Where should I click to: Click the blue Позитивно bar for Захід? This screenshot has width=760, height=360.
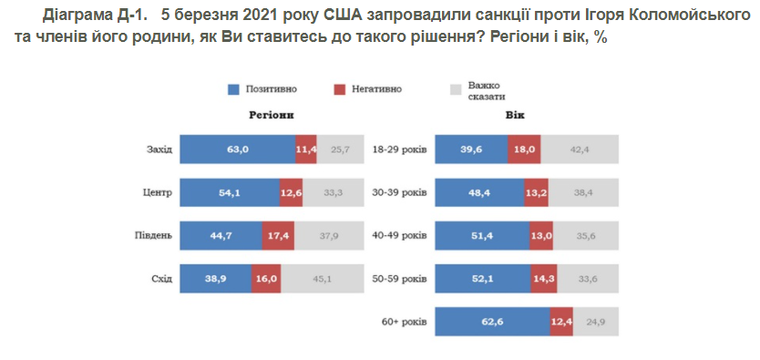[x=237, y=149]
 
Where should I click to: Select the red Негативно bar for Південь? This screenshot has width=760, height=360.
[x=277, y=235]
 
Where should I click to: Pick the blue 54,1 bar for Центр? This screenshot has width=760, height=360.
[x=229, y=192]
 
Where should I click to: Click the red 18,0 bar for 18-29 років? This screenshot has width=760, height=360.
[x=522, y=149]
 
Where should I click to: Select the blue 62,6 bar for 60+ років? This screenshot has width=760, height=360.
[x=493, y=322]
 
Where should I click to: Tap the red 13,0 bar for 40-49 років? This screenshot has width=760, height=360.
[x=541, y=235]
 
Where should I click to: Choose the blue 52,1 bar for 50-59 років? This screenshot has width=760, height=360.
[x=483, y=279]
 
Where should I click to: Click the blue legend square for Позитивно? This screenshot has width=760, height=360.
[x=234, y=89]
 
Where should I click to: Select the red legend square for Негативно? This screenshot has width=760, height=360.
[x=340, y=89]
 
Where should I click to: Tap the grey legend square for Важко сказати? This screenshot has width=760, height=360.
[x=457, y=89]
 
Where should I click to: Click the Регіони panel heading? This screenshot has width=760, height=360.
[x=270, y=117]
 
